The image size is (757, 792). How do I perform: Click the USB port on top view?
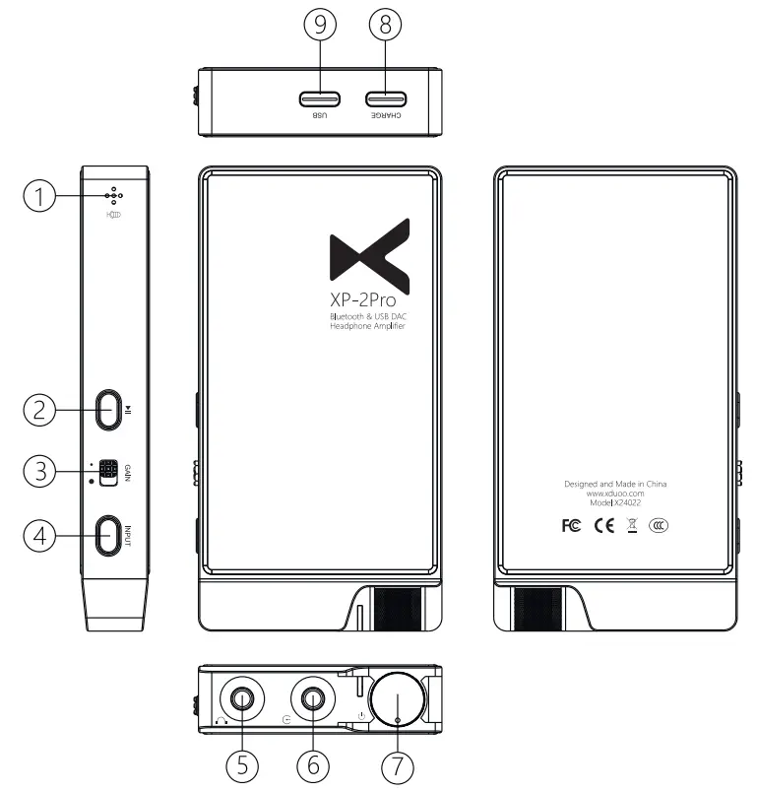click(320, 99)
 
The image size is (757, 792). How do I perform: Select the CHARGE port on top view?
click(386, 99)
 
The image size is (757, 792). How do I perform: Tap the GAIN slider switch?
click(107, 472)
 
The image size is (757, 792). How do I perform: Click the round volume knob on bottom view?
click(397, 702)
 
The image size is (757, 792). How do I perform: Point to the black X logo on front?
click(369, 252)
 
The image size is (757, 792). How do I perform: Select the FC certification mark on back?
click(571, 525)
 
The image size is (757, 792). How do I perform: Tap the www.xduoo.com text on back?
click(615, 494)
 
